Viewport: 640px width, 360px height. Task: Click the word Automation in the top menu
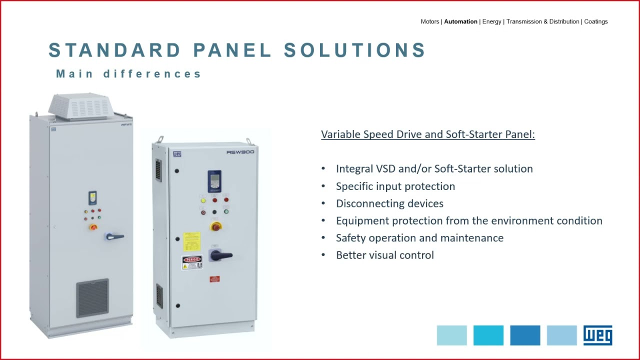(x=460, y=21)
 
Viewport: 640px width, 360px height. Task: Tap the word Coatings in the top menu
(x=595, y=21)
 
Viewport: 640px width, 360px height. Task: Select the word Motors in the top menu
(x=429, y=21)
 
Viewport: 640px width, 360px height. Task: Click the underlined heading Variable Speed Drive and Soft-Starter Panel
(x=427, y=134)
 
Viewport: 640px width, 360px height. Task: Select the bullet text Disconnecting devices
(x=389, y=203)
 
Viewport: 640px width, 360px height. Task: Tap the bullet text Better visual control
(x=384, y=255)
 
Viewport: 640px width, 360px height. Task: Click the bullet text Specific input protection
(x=395, y=186)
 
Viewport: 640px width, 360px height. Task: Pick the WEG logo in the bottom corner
(x=597, y=335)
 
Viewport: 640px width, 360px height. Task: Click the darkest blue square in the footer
(x=525, y=335)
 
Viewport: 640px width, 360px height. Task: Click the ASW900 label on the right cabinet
(x=240, y=152)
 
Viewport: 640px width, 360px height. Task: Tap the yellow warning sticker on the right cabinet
(x=191, y=241)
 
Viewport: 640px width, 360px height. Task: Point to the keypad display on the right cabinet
(x=214, y=180)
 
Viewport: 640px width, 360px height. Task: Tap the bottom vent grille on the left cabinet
(x=92, y=298)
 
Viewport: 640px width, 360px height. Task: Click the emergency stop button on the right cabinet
(x=216, y=227)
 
